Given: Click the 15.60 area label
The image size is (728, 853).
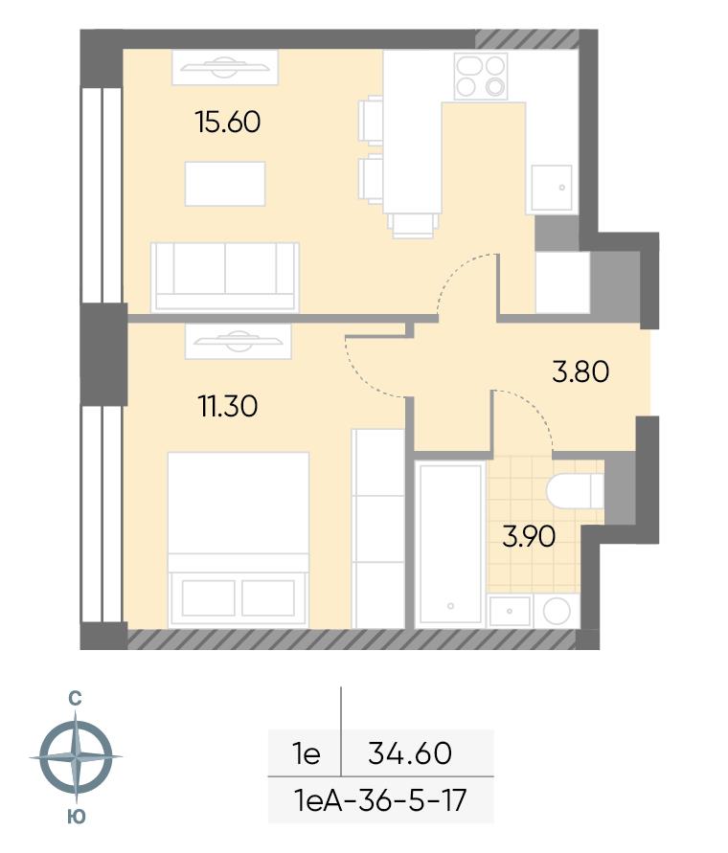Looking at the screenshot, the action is pos(228,122).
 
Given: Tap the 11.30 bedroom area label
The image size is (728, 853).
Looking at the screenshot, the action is pos(228,406).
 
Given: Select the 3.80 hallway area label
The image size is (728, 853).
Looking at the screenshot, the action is pos(580,372).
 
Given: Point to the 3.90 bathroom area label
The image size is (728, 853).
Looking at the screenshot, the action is pos(529,536).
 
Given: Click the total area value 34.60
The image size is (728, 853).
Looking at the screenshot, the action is pos(410,753).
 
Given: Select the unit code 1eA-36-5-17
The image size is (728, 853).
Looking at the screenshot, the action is pos(380,800).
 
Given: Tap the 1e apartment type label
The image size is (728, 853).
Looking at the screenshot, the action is pos(307,753).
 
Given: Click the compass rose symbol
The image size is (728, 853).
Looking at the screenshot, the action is pos(77,756).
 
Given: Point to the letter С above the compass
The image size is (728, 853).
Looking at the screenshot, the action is pos(75,699).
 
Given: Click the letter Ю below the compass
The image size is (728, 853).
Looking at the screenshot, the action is pos(77,816).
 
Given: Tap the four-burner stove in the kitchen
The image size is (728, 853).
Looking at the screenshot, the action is pos(481,77).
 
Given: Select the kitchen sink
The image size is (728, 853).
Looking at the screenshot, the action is pos(552,188).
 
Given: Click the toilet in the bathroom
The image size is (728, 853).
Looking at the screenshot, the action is pos(575,491).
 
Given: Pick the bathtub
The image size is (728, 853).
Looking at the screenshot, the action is pos(450,544).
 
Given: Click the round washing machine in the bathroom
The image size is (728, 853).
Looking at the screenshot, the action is pos(557,611).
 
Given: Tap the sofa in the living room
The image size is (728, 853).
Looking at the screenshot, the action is pos(225,277).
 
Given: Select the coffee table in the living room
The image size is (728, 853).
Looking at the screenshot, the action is pos(225,184).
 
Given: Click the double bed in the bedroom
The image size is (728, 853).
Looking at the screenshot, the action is pos(239,540).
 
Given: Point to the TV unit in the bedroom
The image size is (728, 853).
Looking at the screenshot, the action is pos(238,342).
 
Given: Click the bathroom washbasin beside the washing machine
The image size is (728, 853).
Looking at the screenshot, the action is pos(510,611).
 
